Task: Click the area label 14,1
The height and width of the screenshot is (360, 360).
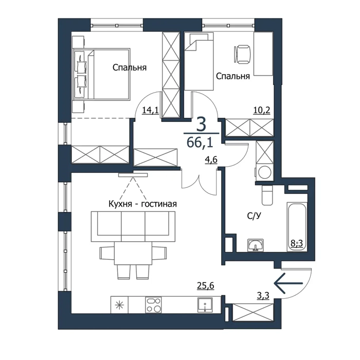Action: (x=150, y=111)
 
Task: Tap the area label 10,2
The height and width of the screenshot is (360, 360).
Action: (x=262, y=111)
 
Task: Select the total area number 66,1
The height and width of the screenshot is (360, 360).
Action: (x=200, y=142)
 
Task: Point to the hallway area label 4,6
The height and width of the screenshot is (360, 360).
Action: (x=211, y=160)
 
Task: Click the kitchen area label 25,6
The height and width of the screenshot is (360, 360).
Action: (x=206, y=285)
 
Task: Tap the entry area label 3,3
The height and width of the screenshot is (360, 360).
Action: (x=263, y=296)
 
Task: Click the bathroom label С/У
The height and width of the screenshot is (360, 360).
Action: (x=254, y=215)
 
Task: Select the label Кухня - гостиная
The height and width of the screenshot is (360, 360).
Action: (x=142, y=204)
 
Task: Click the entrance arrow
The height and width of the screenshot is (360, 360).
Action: (x=289, y=283)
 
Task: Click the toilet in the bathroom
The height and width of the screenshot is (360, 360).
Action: (x=267, y=195)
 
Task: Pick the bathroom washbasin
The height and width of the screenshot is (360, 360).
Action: (x=255, y=245)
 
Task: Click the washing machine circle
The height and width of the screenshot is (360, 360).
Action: (x=265, y=172)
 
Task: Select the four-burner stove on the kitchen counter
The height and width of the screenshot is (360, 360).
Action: (x=153, y=305)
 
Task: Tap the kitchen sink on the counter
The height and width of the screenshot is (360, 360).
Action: (x=205, y=305)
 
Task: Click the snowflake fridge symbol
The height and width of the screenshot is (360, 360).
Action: (x=119, y=305)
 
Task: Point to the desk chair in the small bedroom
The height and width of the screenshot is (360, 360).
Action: (x=242, y=54)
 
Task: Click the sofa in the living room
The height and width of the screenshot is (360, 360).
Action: (x=133, y=226)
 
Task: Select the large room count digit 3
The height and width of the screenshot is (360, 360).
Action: (x=201, y=125)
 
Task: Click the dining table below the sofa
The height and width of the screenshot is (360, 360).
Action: (x=133, y=253)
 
